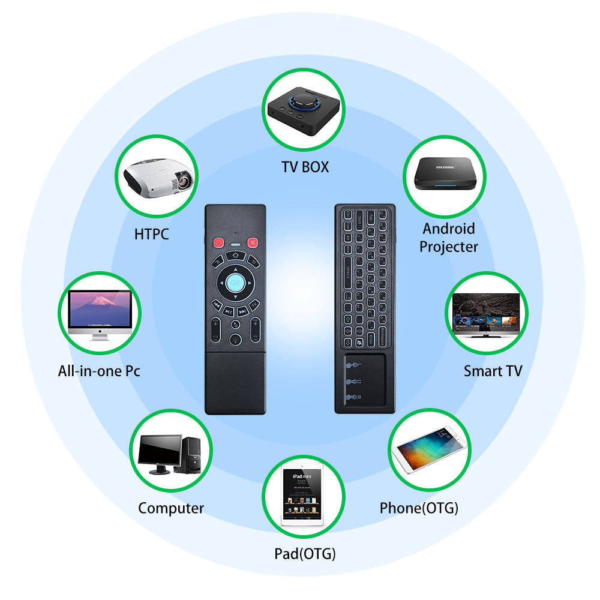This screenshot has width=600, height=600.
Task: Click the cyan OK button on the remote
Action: click(x=235, y=282)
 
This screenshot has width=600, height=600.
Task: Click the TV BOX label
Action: click(x=305, y=167)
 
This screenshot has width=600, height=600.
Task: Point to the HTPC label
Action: click(x=151, y=233)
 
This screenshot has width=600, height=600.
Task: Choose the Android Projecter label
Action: click(x=449, y=238)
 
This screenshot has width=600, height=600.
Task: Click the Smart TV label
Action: click(x=493, y=371)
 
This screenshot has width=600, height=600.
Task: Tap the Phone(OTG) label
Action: click(x=419, y=508)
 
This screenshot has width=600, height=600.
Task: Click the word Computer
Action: click(x=171, y=508)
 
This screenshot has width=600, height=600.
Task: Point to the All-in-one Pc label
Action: click(x=99, y=371)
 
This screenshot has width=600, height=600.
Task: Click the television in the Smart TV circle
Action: click(x=486, y=313)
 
